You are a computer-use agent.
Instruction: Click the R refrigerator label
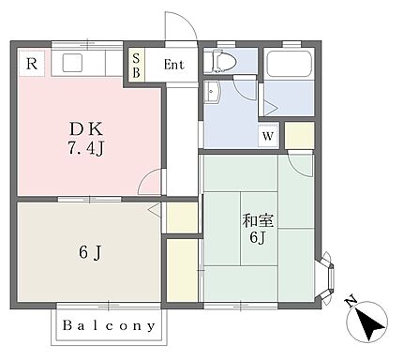32,64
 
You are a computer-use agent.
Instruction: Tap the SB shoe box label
137,66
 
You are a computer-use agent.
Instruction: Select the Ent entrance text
174,66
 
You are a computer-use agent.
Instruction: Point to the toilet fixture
223,62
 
